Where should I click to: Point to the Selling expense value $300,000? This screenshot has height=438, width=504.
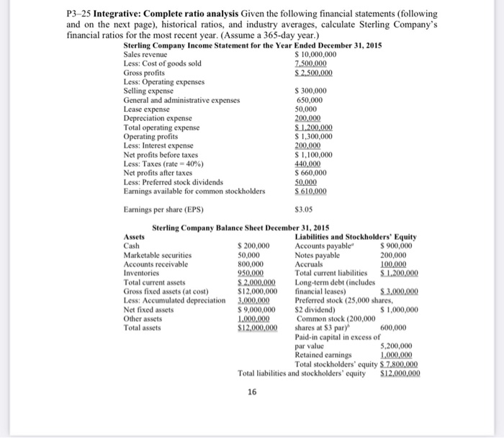[311, 91]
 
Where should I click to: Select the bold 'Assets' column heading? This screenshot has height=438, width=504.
[135, 237]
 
